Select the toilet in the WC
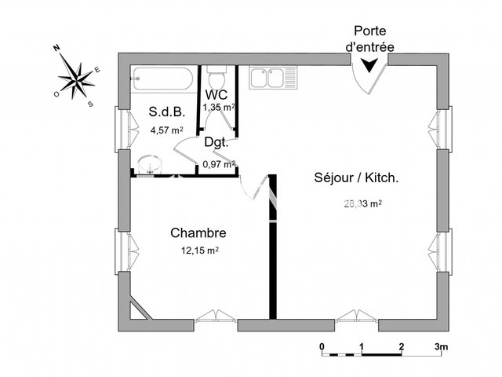point(217,81)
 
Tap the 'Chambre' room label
point(198,233)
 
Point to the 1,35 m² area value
point(219,107)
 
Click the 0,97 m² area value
point(218,164)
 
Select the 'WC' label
point(219,94)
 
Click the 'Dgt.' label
point(216,143)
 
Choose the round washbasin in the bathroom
point(146,163)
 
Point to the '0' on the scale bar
point(322,346)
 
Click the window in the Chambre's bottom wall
point(215,318)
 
